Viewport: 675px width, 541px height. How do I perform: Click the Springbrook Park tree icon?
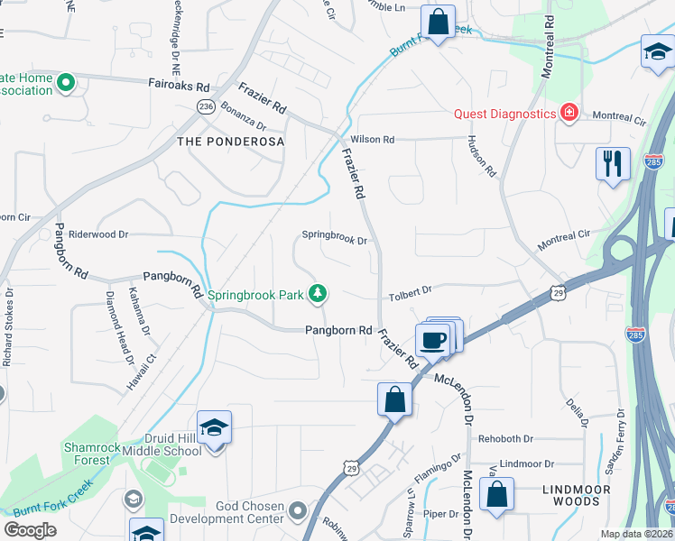pos(318,293)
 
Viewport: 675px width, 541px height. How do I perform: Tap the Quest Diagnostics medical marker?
pos(569,114)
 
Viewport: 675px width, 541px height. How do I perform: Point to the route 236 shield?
pos(206,106)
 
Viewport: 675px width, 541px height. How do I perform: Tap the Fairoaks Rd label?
pos(179,87)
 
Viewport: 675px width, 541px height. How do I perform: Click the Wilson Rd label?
pos(373,140)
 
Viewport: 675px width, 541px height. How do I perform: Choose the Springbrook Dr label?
pos(334,241)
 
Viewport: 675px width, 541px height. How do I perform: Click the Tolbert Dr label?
pos(411,290)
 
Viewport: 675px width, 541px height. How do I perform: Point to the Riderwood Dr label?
pos(98,234)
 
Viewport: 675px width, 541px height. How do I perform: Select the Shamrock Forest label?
pos(87,454)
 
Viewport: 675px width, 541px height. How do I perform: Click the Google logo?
pos(31,529)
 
